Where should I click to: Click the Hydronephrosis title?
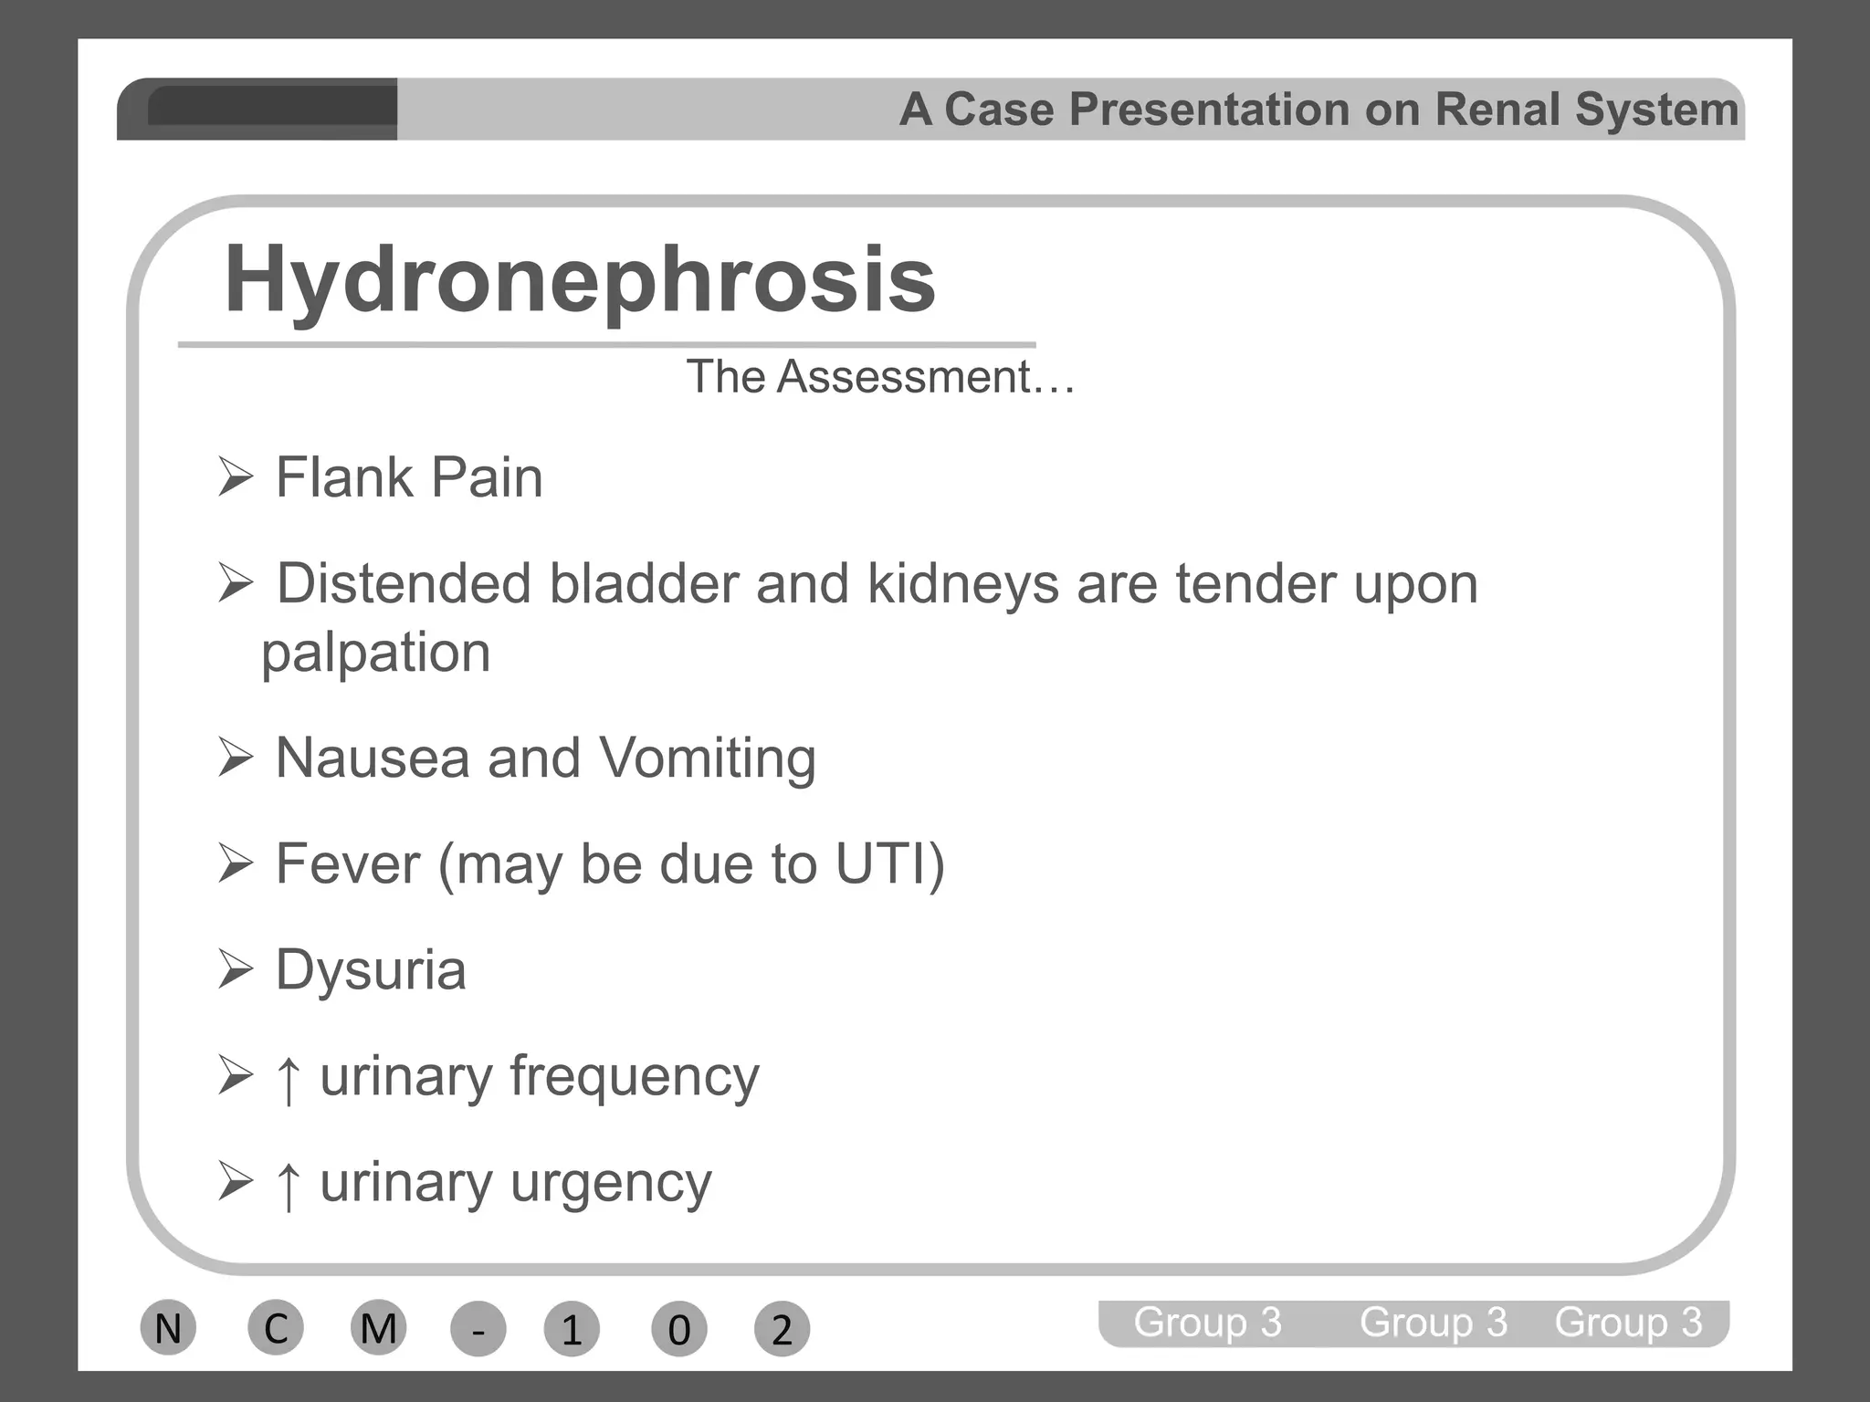pos(580,279)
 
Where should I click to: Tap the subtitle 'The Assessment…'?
pos(880,376)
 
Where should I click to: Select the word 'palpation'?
pos(375,654)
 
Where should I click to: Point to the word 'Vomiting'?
pos(708,759)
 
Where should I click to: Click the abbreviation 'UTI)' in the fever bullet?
pos(890,863)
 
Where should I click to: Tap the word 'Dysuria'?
pos(371,969)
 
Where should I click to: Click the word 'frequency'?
pos(634,1077)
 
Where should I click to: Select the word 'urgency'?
pos(610,1183)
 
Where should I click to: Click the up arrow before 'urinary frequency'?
pos(289,1079)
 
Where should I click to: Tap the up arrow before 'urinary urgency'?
pos(289,1185)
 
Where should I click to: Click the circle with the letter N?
pos(168,1328)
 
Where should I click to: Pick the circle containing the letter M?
pos(379,1328)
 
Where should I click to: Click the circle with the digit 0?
pos(678,1330)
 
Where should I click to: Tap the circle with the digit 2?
pos(782,1330)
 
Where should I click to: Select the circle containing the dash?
pos(478,1330)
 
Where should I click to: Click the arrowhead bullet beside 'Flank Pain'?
pos(236,477)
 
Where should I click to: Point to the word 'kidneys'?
pos(963,584)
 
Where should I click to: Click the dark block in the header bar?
pos(271,107)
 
